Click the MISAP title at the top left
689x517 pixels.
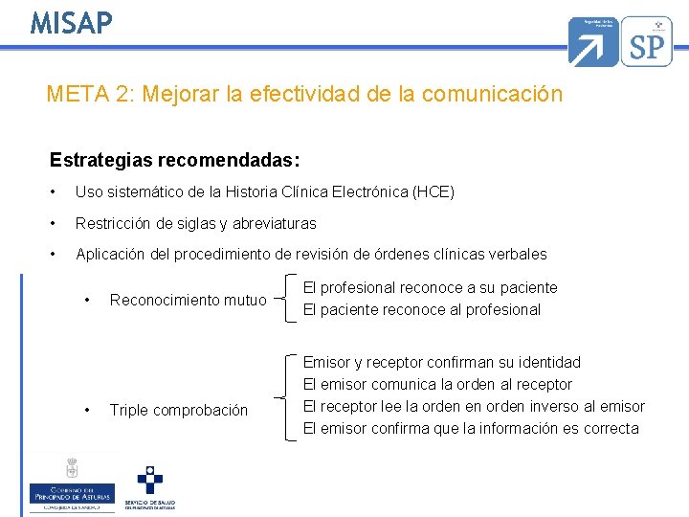pyautogui.click(x=71, y=22)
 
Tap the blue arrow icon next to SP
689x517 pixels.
pyautogui.click(x=593, y=41)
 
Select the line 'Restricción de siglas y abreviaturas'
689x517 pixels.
pyautogui.click(x=195, y=223)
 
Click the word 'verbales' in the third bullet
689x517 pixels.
pyautogui.click(x=518, y=254)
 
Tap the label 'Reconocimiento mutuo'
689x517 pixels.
pyautogui.click(x=188, y=300)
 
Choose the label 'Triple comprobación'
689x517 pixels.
pyautogui.click(x=178, y=410)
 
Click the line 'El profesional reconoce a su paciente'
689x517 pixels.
pyautogui.click(x=430, y=287)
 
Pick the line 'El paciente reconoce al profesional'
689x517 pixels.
pyautogui.click(x=421, y=309)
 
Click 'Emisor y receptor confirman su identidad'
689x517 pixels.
pyautogui.click(x=441, y=362)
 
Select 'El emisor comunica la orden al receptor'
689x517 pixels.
pyautogui.click(x=437, y=384)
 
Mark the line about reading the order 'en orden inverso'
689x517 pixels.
pyautogui.click(x=474, y=406)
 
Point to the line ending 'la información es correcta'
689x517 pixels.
pyautogui.click(x=471, y=428)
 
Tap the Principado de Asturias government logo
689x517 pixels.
pyautogui.click(x=72, y=484)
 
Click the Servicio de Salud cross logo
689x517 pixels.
pyautogui.click(x=149, y=486)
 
